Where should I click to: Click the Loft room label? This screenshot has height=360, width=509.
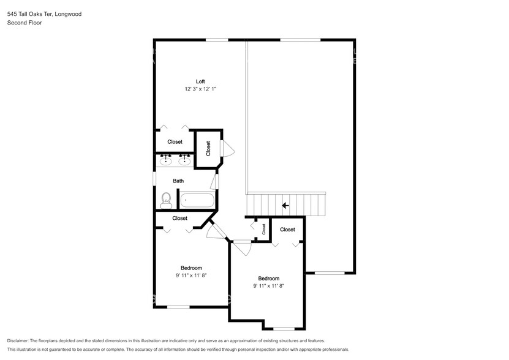pyautogui.click(x=200, y=81)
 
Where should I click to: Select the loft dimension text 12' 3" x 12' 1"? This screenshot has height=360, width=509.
pyautogui.click(x=200, y=89)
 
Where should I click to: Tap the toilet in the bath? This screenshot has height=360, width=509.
pyautogui.click(x=165, y=199)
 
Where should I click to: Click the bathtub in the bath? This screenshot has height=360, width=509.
pyautogui.click(x=197, y=200)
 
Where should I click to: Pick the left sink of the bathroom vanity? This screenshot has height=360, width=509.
pyautogui.click(x=165, y=160)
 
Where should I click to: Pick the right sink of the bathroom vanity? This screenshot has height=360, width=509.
pyautogui.click(x=183, y=160)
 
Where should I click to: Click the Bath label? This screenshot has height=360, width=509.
pyautogui.click(x=178, y=181)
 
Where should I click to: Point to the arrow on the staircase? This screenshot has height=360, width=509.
pyautogui.click(x=285, y=206)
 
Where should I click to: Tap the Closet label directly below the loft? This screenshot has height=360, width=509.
pyautogui.click(x=175, y=142)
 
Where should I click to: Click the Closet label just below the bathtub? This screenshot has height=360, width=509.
pyautogui.click(x=179, y=218)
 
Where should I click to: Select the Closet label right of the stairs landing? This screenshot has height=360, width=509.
pyautogui.click(x=287, y=230)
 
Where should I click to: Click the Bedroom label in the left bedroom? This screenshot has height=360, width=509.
pyautogui.click(x=191, y=268)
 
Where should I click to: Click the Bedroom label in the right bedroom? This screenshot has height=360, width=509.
pyautogui.click(x=268, y=278)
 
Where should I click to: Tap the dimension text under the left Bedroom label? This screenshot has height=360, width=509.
pyautogui.click(x=191, y=276)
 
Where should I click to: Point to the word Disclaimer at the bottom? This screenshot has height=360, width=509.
pyautogui.click(x=21, y=340)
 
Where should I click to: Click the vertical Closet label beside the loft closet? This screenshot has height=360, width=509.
pyautogui.click(x=208, y=148)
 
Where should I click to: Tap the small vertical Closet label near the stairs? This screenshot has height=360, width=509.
pyautogui.click(x=264, y=229)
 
